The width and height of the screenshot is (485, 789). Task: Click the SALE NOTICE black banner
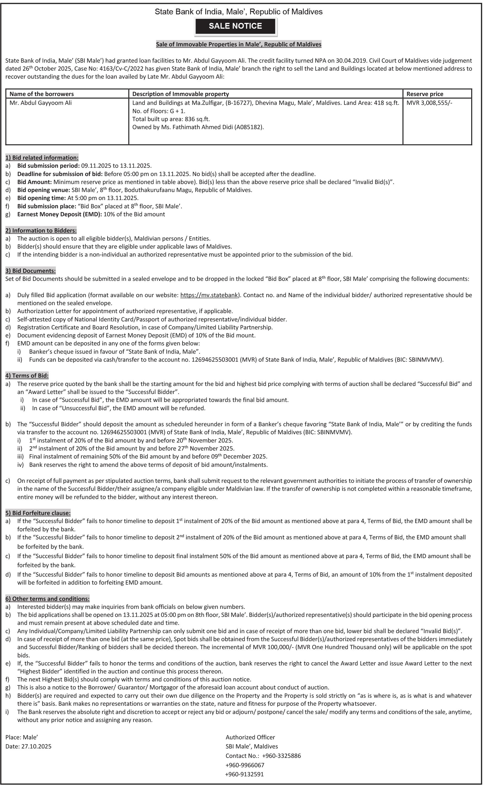235,26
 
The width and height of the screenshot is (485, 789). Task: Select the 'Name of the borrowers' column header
42,94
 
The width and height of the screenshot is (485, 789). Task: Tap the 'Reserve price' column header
425,94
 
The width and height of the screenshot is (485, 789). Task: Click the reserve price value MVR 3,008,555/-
429,103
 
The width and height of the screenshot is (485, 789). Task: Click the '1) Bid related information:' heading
42,158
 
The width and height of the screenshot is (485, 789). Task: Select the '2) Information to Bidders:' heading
41,230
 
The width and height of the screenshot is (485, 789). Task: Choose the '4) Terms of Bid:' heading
27,375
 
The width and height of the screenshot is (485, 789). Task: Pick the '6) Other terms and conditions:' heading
47,599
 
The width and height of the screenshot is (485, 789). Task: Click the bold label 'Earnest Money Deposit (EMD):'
60,214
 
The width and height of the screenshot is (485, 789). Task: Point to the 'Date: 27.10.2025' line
29,746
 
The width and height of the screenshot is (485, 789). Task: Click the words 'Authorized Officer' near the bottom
250,737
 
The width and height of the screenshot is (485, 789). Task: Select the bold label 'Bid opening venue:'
44,190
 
